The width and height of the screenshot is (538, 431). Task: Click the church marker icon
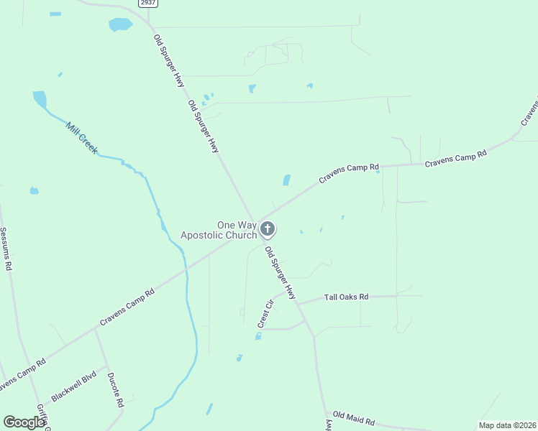click(x=268, y=229)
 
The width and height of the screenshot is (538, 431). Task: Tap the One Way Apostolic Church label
click(x=218, y=230)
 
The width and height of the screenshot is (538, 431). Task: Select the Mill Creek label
click(x=81, y=138)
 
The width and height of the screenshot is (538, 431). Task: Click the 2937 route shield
click(x=147, y=3)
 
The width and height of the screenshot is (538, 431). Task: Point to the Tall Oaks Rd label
click(x=346, y=297)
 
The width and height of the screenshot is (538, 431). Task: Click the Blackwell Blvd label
click(x=74, y=387)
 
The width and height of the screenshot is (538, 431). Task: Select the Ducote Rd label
click(x=115, y=389)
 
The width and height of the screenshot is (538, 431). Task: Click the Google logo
click(x=24, y=422)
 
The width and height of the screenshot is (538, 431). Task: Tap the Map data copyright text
click(x=506, y=425)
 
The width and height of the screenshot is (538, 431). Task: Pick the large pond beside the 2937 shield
click(x=120, y=24)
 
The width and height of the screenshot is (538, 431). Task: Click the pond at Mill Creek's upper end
click(x=40, y=98)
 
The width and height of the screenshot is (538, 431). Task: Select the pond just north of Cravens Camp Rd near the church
click(x=287, y=180)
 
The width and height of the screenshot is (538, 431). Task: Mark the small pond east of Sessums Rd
click(x=34, y=191)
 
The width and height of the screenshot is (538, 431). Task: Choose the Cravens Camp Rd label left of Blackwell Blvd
click(x=22, y=375)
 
